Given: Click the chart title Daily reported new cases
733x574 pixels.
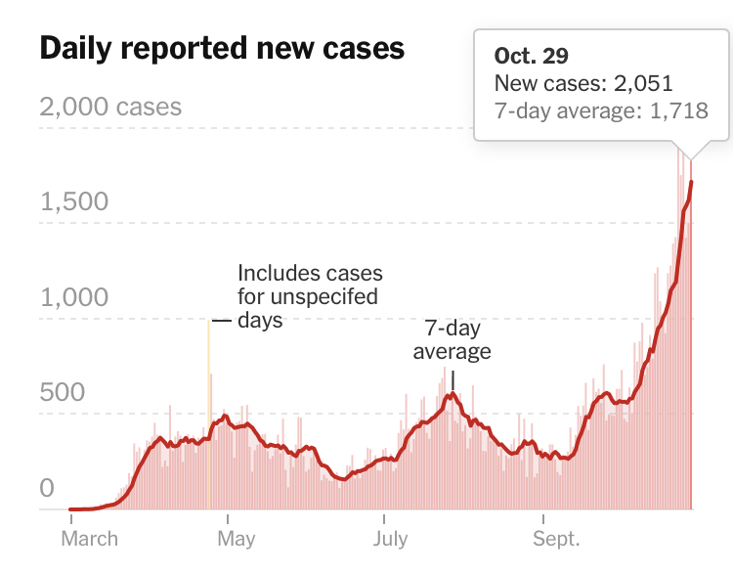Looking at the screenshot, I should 222,49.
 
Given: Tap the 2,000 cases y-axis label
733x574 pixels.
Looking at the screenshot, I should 110,106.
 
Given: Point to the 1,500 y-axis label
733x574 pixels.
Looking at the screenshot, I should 74,201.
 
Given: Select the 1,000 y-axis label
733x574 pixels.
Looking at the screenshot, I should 74,297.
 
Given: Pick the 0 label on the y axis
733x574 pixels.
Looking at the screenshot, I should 47,488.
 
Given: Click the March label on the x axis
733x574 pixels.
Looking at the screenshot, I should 90,539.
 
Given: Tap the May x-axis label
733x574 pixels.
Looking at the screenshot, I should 236,539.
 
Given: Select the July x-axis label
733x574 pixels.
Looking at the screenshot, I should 390,539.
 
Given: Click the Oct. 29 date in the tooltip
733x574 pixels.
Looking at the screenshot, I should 532,56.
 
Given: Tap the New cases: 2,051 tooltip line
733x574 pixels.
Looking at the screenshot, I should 583,84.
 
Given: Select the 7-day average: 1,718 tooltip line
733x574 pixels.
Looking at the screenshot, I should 601,111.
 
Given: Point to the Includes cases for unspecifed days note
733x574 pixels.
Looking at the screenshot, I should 309,296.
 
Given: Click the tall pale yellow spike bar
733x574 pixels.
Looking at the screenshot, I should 208,411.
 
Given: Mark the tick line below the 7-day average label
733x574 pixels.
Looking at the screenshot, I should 453,379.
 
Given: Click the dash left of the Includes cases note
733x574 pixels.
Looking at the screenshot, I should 222,321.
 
